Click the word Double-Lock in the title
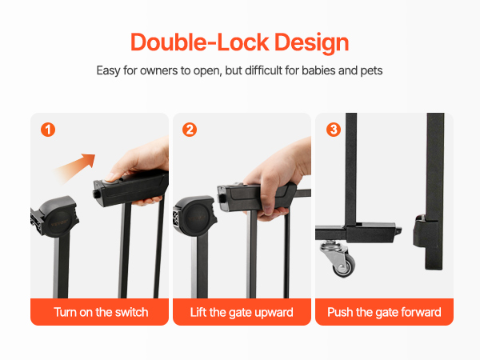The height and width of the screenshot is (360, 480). pyautogui.click(x=200, y=42)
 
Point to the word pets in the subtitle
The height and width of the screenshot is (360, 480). pyautogui.click(x=371, y=70)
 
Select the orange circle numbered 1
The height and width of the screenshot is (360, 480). pyautogui.click(x=48, y=130)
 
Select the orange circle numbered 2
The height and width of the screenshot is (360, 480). pyautogui.click(x=190, y=130)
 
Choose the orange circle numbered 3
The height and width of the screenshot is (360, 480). pyautogui.click(x=334, y=130)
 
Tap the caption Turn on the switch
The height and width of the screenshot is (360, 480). pyautogui.click(x=101, y=312)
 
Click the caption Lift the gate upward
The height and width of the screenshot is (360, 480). pyautogui.click(x=242, y=313)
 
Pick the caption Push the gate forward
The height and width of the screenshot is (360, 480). pyautogui.click(x=384, y=313)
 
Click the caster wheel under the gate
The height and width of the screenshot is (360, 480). pyautogui.click(x=340, y=259)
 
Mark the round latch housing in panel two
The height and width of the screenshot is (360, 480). pyautogui.click(x=195, y=216)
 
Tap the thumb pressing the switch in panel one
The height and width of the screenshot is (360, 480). pyautogui.click(x=113, y=177)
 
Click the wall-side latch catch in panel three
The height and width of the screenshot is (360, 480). pyautogui.click(x=422, y=233)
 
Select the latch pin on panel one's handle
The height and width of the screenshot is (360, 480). pyautogui.click(x=96, y=194)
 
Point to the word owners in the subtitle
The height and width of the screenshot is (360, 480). pyautogui.click(x=158, y=70)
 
